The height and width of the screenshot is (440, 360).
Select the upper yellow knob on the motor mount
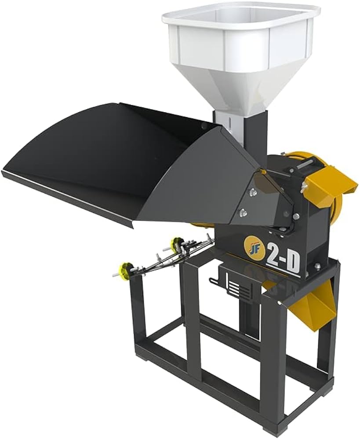pyautogui.click(x=176, y=244)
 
